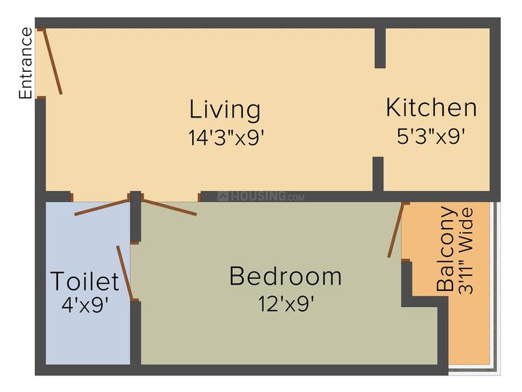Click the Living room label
pos(225,110)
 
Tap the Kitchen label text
pos(431,107)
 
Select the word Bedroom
pos(286,276)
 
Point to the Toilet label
pos(85,281)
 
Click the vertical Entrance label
pos(25,63)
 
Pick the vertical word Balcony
pos(445,249)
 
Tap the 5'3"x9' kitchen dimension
pos(431,136)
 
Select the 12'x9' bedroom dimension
pos(286,303)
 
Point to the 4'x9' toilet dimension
pos(86,305)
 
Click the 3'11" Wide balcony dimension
pos(466,250)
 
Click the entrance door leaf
pos(52,62)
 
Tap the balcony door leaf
pos(396,230)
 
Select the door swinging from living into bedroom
pos(170,208)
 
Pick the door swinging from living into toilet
pos(101,208)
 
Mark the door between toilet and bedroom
pos(125,273)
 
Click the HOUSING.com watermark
pos(261,196)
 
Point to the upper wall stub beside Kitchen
pos(380,48)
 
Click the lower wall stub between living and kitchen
pos(378,174)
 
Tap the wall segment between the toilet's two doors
pos(136,216)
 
